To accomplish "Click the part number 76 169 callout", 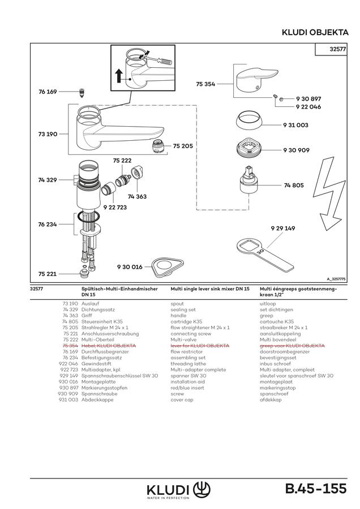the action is pyautogui.click(x=48, y=92).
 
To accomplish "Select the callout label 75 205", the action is pyautogui.click(x=183, y=146).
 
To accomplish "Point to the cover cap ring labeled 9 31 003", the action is pyautogui.click(x=248, y=121).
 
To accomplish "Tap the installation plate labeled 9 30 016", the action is pyautogui.click(x=168, y=268).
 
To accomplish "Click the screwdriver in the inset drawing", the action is pyautogui.click(x=157, y=61).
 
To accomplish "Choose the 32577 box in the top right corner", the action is pyautogui.click(x=331, y=49).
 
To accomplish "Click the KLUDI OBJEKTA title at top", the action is pyautogui.click(x=315, y=32).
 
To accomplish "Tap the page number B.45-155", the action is pyautogui.click(x=316, y=489).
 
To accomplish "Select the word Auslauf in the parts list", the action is pyautogui.click(x=90, y=304).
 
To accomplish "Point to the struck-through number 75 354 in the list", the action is pyautogui.click(x=70, y=346).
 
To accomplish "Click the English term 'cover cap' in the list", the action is pyautogui.click(x=182, y=400).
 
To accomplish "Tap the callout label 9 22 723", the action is pyautogui.click(x=115, y=208).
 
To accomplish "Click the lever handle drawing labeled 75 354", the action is pyautogui.click(x=256, y=80).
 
